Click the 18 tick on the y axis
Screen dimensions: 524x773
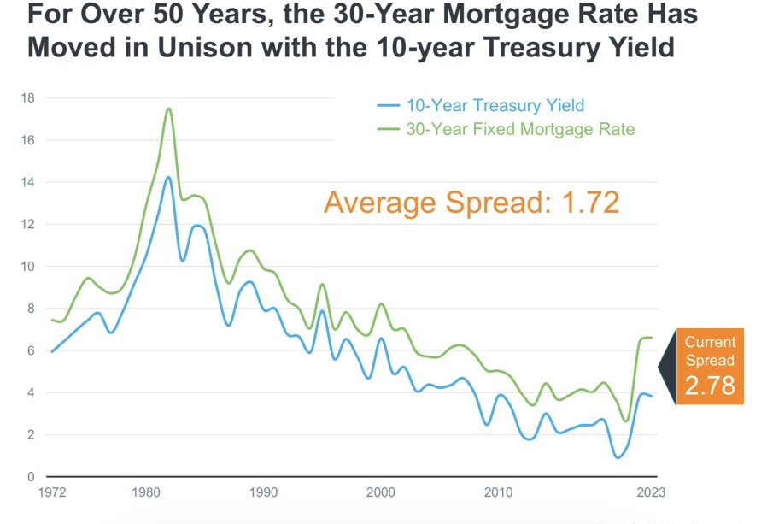point(28,97)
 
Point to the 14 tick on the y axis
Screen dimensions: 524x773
point(28,182)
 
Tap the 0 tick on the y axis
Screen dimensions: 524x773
point(31,476)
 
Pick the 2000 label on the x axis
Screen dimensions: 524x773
point(381,492)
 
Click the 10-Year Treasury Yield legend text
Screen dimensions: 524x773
point(495,106)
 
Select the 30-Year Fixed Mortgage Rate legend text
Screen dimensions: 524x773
point(520,129)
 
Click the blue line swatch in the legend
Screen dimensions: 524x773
point(389,106)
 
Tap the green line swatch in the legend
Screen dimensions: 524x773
point(389,129)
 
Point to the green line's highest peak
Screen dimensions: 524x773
point(168,109)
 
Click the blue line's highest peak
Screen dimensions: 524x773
point(168,178)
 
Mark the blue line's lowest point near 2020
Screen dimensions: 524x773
point(618,457)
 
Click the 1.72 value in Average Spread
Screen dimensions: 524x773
point(590,203)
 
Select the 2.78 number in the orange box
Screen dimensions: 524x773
point(710,385)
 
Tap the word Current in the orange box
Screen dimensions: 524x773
point(710,342)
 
